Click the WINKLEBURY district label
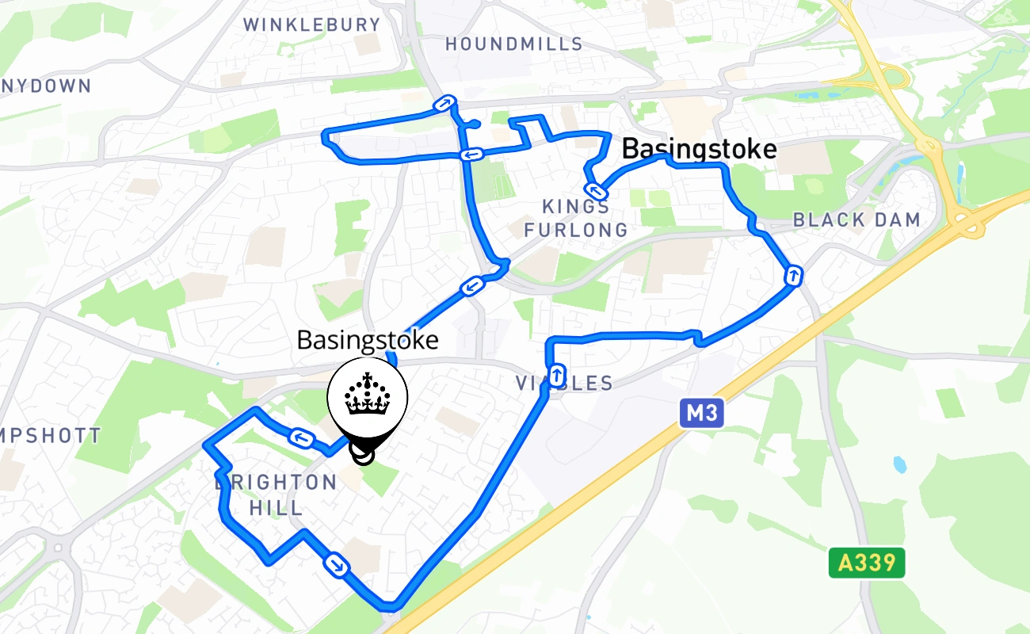[x=312, y=25]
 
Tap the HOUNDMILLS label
[x=513, y=44]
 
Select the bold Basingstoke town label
[x=699, y=149]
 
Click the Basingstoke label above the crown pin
[x=368, y=340]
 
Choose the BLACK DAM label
[x=856, y=220]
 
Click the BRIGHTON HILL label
[x=277, y=495]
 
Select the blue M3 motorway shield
[x=703, y=412]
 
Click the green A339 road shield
[x=867, y=563]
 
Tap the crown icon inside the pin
[x=368, y=395]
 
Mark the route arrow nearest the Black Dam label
[x=793, y=276]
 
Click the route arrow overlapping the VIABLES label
[x=557, y=374]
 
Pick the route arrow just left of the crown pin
[x=300, y=437]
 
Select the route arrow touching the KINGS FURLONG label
[x=594, y=190]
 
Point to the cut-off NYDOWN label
[x=46, y=86]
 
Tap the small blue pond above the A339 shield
[x=898, y=464]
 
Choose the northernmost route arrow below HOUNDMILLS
[x=444, y=104]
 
